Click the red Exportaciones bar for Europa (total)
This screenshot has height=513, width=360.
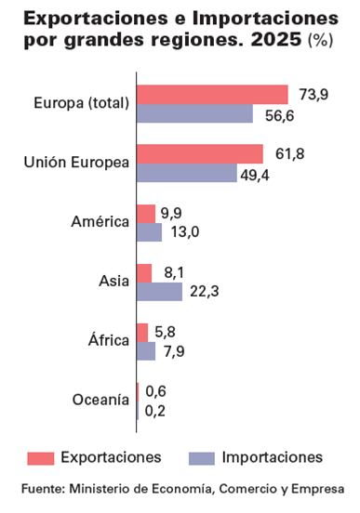(212, 95)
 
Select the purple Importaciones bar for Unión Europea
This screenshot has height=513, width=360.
(187, 173)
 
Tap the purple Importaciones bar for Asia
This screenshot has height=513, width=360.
(159, 292)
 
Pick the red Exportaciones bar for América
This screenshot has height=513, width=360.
(146, 214)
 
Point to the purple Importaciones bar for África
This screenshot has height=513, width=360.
(146, 351)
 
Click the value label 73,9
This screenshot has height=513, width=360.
(313, 95)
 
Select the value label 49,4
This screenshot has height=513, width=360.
(255, 176)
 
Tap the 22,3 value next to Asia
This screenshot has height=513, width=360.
(205, 291)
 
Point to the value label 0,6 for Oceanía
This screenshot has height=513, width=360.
(155, 391)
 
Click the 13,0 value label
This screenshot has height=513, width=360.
(185, 232)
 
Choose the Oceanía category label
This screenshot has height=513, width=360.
(100, 400)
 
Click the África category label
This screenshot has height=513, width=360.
(109, 339)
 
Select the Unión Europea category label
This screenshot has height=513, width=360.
(76, 162)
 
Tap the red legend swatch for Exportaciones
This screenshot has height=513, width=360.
(41, 458)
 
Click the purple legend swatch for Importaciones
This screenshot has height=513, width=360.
(202, 458)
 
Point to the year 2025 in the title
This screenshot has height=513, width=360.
(276, 39)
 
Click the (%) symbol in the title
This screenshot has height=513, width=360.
(321, 40)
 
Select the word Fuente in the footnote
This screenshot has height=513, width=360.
(43, 489)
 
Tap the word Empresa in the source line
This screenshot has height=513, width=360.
(318, 490)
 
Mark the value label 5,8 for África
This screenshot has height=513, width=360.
(165, 332)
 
